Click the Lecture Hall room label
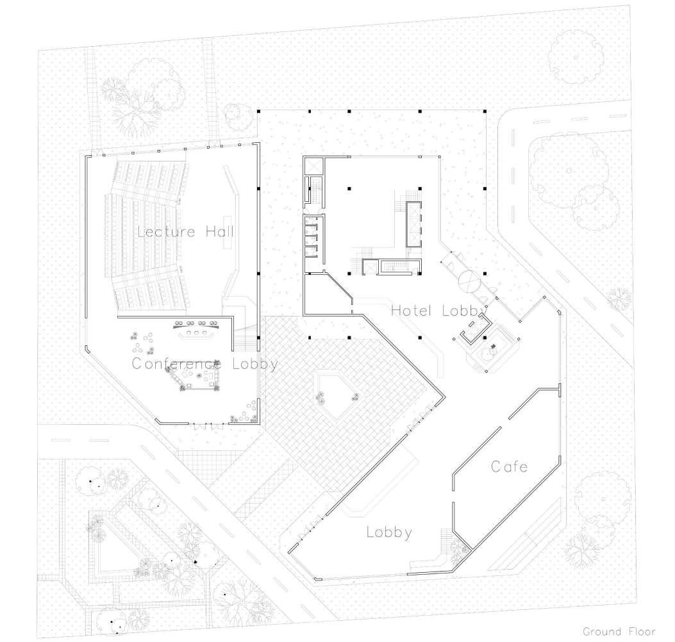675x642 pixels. point(185,231)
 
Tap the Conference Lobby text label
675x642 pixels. point(204,364)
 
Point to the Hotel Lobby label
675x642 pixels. point(439,311)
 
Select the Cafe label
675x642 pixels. point(509,466)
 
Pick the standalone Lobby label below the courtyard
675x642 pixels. point(389,532)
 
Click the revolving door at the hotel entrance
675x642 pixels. point(469,280)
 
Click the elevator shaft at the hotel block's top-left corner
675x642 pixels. point(313,165)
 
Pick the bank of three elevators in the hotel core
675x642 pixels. point(413,224)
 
